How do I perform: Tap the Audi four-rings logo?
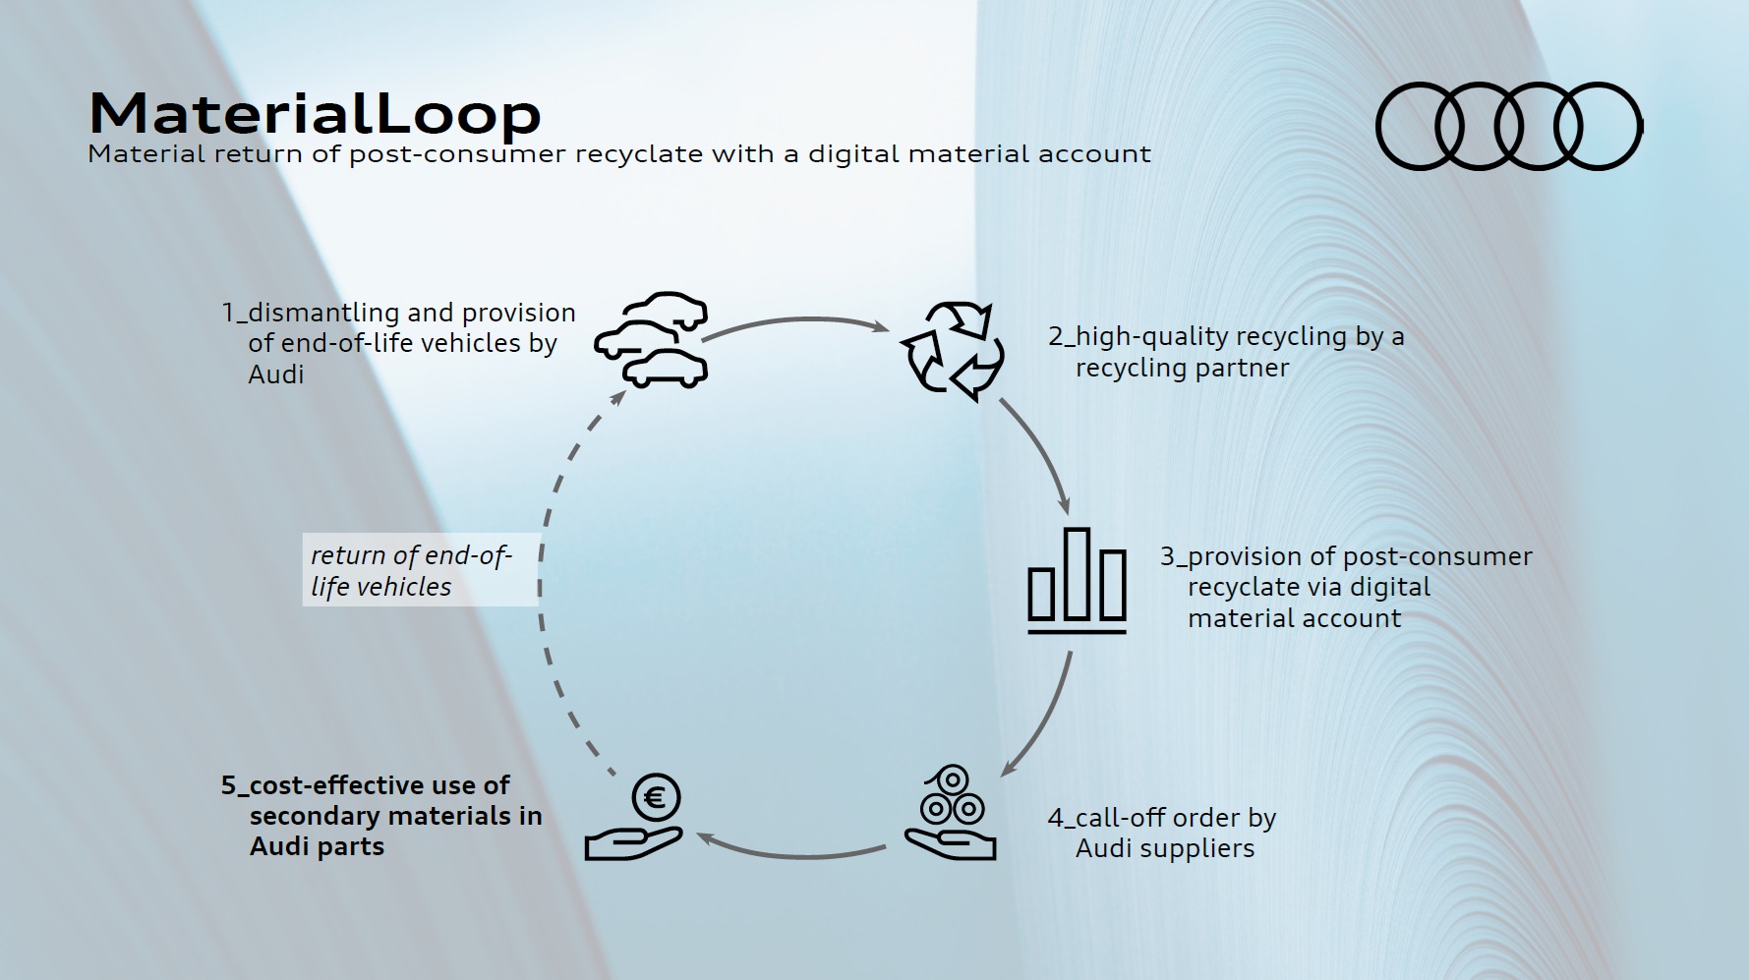coord(1508,127)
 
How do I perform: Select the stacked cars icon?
coord(652,340)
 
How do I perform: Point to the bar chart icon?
coord(1077,580)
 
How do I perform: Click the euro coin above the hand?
coord(656,797)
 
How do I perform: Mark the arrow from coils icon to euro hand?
coord(796,851)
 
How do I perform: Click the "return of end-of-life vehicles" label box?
coord(420,570)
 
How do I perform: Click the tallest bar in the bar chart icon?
coord(1078,575)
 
